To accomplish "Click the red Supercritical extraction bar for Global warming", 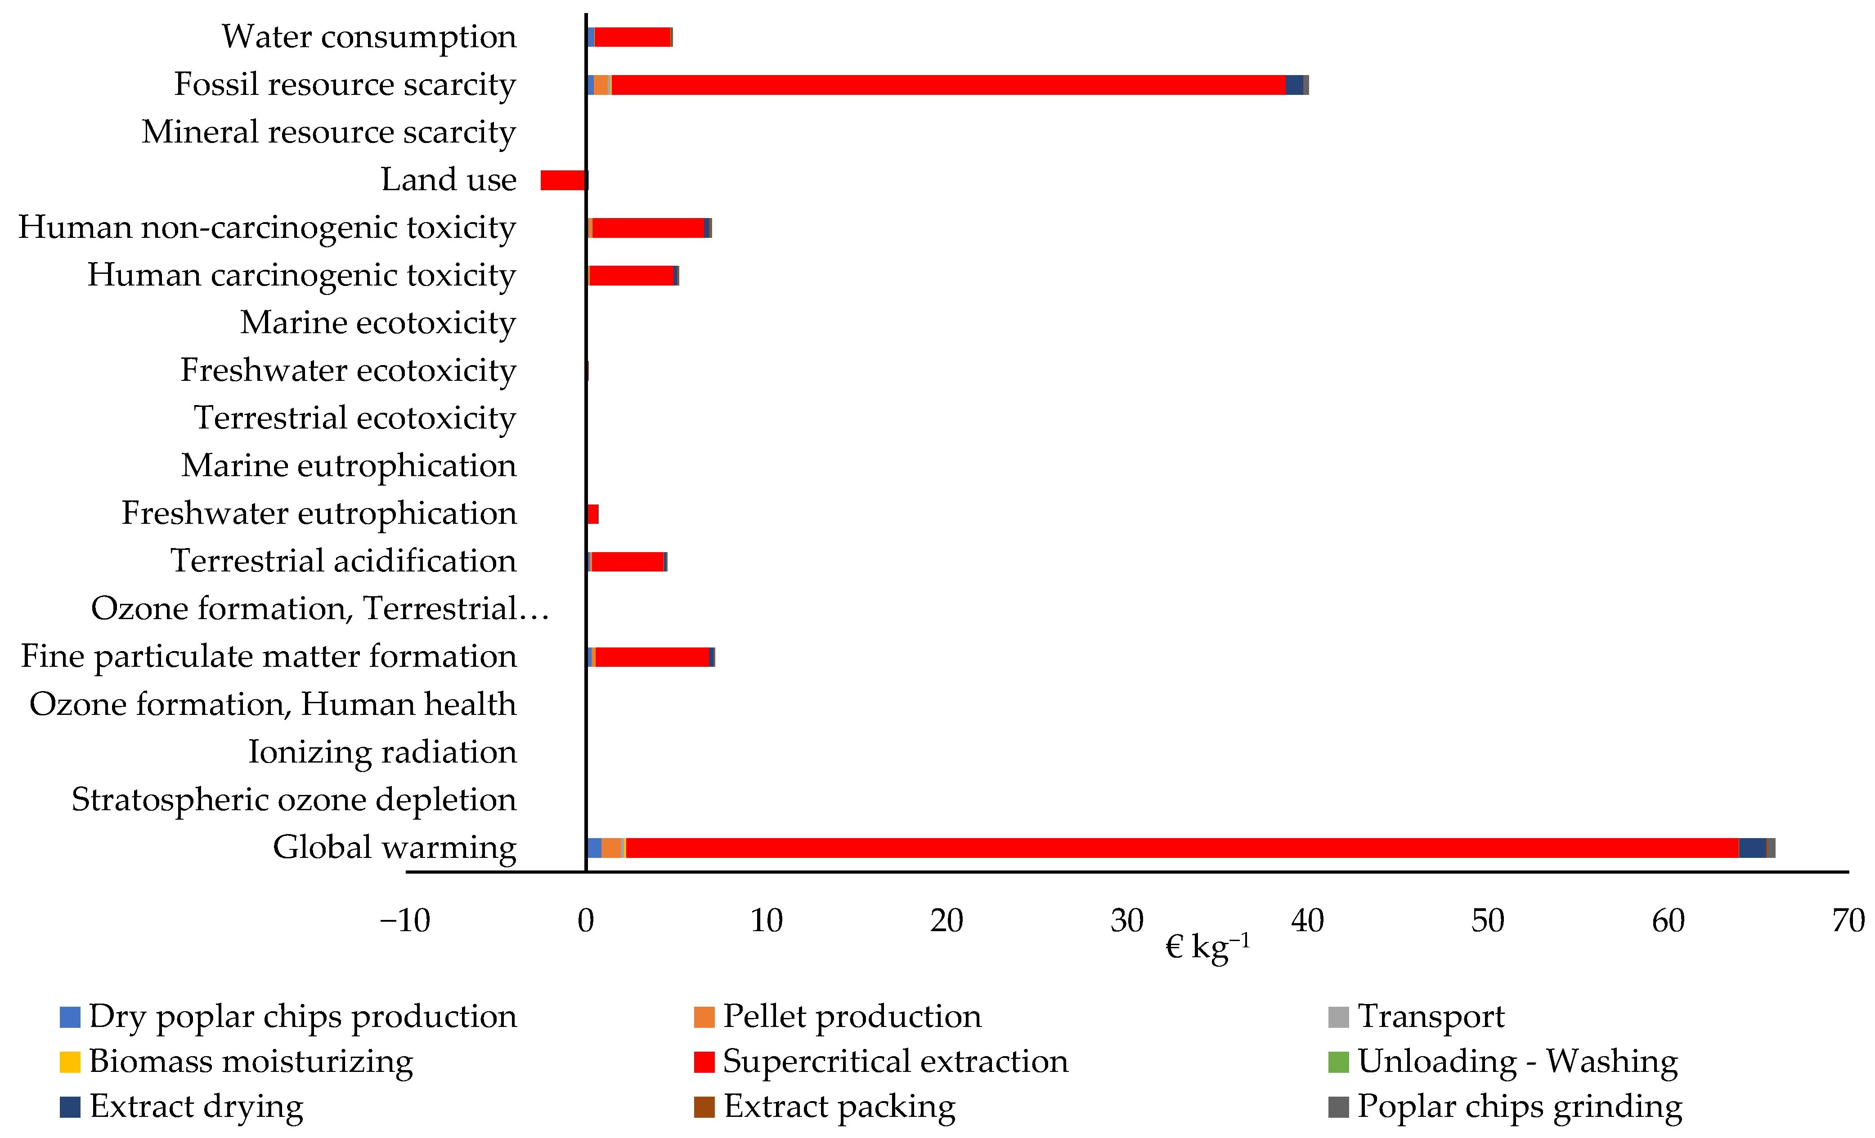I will pyautogui.click(x=1180, y=848).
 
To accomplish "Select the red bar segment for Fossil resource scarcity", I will pyautogui.click(x=947, y=85).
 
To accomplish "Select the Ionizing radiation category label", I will pyautogui.click(x=382, y=752).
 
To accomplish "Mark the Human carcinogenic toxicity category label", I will pyautogui.click(x=301, y=275).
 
